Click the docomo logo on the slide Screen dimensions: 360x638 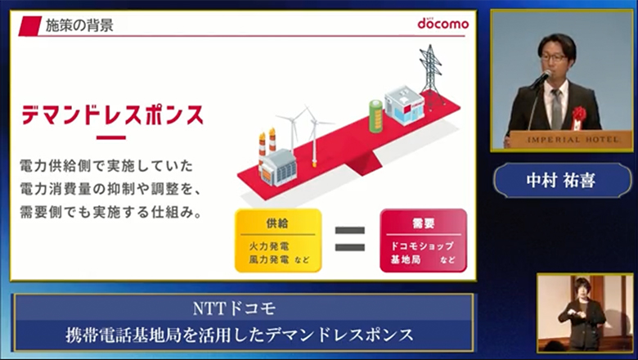coord(443,23)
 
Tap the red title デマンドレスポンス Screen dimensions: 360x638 coord(112,115)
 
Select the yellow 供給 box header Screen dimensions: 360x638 coord(277,223)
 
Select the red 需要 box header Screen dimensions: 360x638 coord(423,223)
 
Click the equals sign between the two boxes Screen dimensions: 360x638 coord(350,238)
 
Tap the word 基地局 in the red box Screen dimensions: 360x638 coord(407,260)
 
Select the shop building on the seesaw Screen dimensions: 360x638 coord(404,106)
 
